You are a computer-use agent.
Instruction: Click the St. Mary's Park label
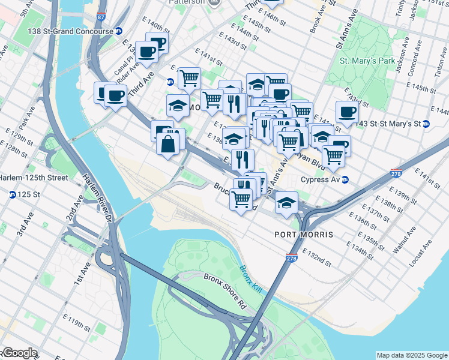click(367, 61)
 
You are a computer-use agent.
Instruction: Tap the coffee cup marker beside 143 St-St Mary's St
click(347, 112)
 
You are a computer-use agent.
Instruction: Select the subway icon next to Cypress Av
click(345, 179)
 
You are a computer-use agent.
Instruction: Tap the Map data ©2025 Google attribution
click(411, 355)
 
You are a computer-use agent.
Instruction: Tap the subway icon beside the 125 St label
click(12, 194)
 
